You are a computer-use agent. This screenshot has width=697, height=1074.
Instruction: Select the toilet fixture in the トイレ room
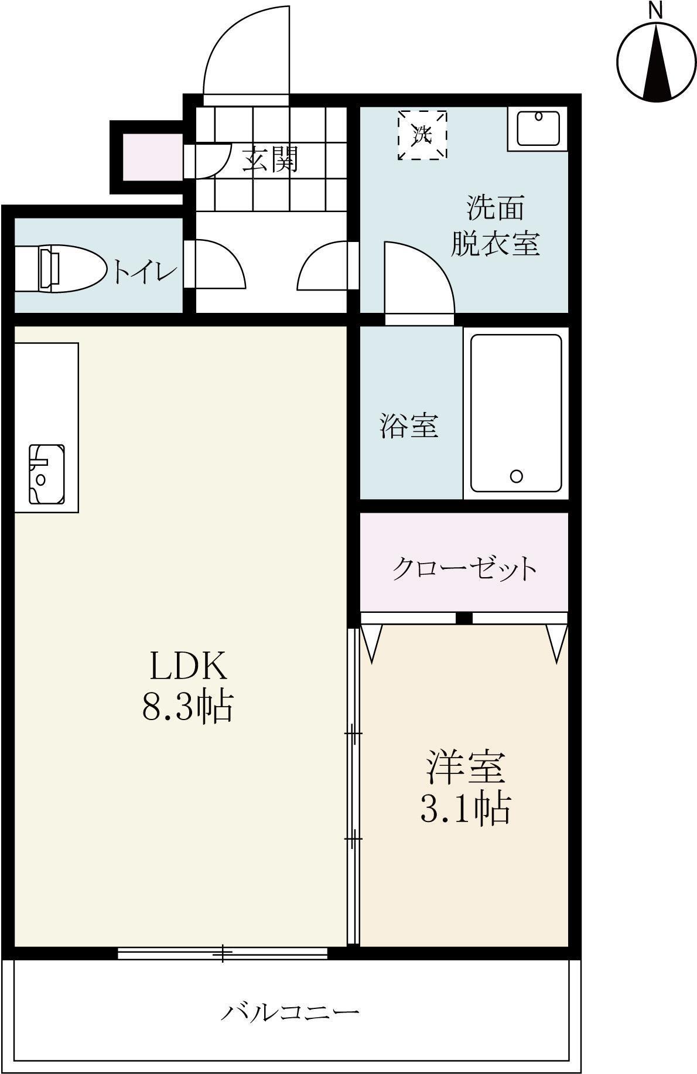pos(59,269)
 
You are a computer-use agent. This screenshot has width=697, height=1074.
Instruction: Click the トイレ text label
pos(145,271)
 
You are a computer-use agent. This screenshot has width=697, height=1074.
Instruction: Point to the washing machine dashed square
pos(422,135)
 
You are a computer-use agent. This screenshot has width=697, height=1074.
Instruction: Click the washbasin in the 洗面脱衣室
pos(538,129)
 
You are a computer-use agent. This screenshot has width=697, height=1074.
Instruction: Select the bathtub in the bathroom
pos(516,414)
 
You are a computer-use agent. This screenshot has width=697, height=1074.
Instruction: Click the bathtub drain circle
pos(516,476)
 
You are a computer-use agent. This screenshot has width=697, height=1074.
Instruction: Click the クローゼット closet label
pos(464,568)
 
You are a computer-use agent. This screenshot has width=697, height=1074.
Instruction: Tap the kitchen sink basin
pos(46,474)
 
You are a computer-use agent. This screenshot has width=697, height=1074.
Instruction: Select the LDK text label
pos(188,666)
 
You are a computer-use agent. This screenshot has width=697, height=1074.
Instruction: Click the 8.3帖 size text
pos(188,705)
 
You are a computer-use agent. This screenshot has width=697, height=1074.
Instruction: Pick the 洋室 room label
pos(465,767)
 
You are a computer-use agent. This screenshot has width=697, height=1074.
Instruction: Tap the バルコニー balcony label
pos(289,1011)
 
